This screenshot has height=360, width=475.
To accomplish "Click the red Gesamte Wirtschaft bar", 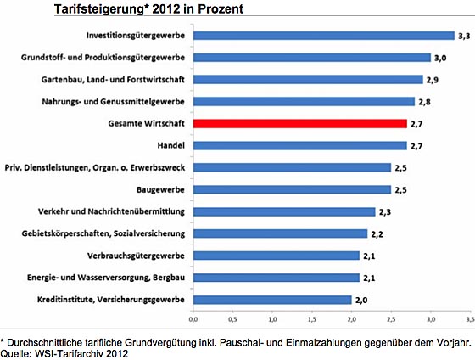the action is click(x=300, y=123).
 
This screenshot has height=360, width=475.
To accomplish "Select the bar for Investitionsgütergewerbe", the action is click(x=324, y=36).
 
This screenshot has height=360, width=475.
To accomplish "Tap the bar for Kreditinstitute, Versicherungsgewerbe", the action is click(x=272, y=300).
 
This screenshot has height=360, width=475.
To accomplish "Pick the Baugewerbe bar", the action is click(x=292, y=189).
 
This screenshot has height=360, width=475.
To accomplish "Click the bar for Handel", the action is click(x=300, y=145).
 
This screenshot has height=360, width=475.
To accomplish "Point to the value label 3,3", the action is click(x=464, y=37).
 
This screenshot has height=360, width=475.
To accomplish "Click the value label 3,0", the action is click(x=440, y=58).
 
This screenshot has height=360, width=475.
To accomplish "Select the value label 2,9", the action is click(x=433, y=80).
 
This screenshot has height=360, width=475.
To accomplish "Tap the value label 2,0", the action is click(x=361, y=301).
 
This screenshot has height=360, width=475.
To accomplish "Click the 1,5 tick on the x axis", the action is click(x=312, y=319).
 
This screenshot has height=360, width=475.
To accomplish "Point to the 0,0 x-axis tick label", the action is click(x=193, y=319).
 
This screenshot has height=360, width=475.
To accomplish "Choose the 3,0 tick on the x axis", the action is click(x=431, y=319).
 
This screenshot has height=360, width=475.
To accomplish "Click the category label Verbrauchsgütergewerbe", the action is click(x=136, y=256).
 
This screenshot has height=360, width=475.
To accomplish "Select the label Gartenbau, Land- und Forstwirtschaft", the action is click(x=113, y=80).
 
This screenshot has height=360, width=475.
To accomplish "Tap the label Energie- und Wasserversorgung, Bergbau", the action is click(x=106, y=278).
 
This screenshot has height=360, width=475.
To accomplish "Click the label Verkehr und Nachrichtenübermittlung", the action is click(x=111, y=211).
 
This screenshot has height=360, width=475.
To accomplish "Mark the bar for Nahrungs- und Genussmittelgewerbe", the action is click(x=304, y=102).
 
